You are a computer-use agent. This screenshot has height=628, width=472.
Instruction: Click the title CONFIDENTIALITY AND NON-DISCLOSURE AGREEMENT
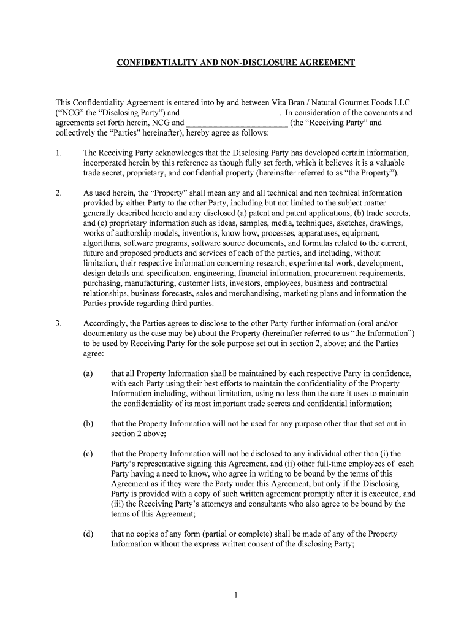236,63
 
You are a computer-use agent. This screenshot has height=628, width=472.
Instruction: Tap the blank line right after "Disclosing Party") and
231,113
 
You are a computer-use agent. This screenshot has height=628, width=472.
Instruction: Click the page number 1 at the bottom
236,595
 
